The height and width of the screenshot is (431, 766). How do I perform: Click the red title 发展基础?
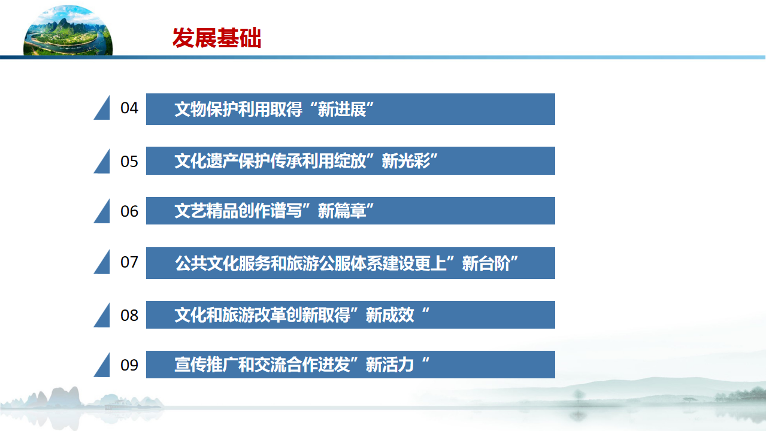(217, 38)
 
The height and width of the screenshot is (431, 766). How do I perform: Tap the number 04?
(129, 108)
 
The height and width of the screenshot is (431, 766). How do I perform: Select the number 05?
(129, 162)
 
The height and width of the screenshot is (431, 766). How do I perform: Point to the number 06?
(129, 211)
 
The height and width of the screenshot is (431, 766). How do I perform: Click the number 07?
(129, 262)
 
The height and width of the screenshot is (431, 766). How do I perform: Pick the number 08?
(129, 315)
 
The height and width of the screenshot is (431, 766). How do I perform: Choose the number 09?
(129, 365)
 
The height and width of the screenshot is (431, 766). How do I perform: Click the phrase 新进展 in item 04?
(342, 110)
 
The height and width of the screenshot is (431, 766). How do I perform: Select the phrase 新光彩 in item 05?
(406, 161)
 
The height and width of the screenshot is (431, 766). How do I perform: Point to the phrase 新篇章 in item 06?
(342, 211)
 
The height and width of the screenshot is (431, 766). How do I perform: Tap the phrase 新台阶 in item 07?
(486, 263)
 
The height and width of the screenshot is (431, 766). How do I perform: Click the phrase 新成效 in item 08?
(390, 315)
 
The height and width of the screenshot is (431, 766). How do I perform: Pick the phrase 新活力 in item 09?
(390, 365)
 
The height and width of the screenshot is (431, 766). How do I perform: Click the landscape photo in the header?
(68, 30)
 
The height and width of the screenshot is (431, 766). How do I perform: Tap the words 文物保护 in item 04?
(206, 110)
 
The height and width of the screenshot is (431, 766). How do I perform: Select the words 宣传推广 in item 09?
(206, 365)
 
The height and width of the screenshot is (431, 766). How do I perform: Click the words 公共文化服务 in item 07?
(223, 263)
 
